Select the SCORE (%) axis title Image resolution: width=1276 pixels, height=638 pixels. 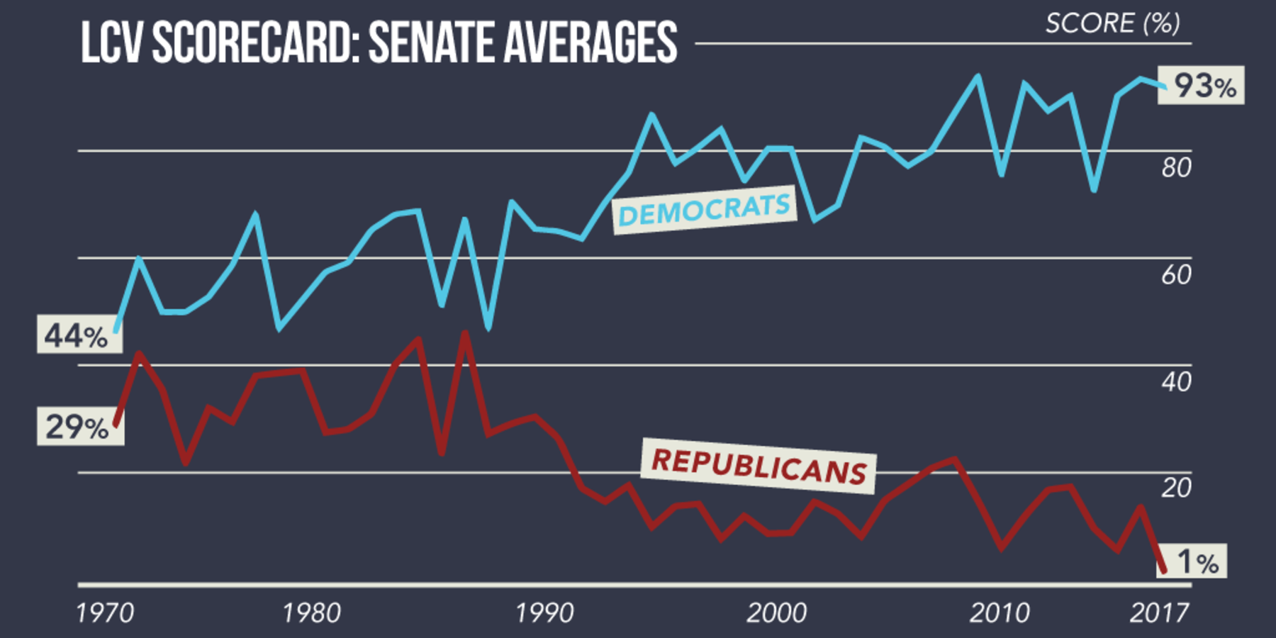point(1112,23)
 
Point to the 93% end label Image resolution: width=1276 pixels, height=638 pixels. point(1202,86)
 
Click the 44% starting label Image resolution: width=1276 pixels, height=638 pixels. point(78,335)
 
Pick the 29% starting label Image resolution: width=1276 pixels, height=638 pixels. point(79,427)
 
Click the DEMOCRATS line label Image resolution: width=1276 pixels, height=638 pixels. point(704,210)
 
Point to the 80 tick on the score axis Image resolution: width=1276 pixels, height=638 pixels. point(1176,168)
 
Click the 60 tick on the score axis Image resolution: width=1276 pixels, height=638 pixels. point(1176,275)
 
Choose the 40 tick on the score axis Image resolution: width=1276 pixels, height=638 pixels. point(1176,383)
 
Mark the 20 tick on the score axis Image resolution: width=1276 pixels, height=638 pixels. point(1176,488)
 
